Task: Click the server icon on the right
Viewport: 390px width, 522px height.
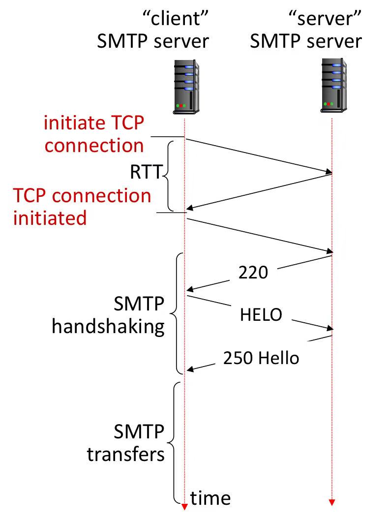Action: point(332,84)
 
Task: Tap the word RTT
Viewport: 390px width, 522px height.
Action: point(146,172)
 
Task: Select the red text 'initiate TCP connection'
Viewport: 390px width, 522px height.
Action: point(94,134)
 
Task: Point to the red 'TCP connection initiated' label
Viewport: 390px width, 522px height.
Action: point(82,206)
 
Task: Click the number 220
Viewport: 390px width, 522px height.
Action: point(253,272)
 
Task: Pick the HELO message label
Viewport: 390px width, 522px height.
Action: point(261,314)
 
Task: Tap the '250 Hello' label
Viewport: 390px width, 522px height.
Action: point(261,358)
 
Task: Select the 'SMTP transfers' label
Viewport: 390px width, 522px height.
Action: point(126,443)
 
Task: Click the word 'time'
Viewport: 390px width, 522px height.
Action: point(210,498)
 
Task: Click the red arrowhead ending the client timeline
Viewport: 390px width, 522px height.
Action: point(184,507)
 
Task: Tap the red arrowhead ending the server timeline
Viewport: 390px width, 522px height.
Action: point(332,502)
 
